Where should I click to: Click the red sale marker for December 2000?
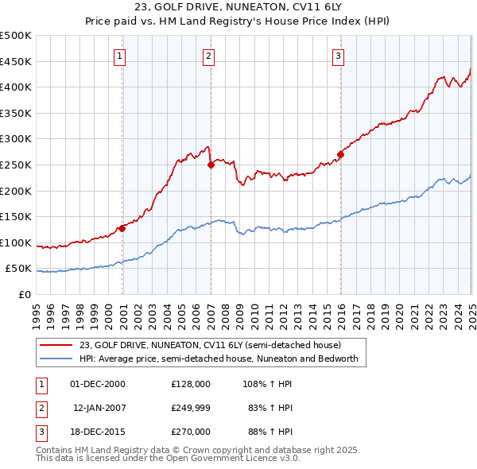[x=122, y=228]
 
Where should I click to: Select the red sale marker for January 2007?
[x=211, y=165]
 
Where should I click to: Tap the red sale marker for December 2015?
[x=340, y=154]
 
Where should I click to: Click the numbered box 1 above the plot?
[x=119, y=56]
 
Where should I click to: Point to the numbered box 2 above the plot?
[x=207, y=56]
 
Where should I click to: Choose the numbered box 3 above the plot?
[x=338, y=56]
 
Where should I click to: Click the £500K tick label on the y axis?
[x=16, y=36]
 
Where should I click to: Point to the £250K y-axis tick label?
[x=16, y=165]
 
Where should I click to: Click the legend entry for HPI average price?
[x=219, y=359]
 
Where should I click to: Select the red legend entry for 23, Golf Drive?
[x=210, y=345]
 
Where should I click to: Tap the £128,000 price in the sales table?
[x=191, y=383]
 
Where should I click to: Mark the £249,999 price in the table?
[x=191, y=408]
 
